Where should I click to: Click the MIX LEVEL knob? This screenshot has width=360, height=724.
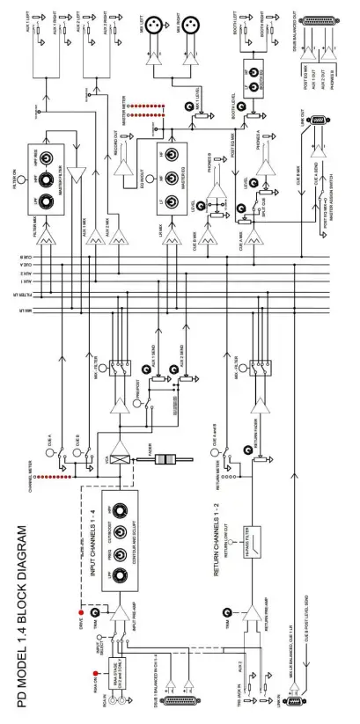click(x=192, y=108)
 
